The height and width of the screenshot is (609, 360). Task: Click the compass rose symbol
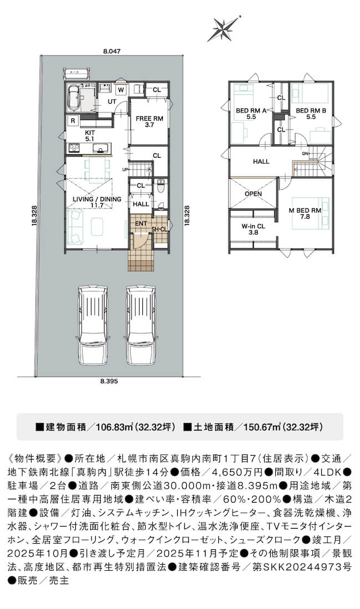tap(224, 29)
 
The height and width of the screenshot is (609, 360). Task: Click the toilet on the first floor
tap(161, 185)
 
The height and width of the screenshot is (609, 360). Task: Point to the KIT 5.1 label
tap(90, 135)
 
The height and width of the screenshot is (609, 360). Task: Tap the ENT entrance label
tap(141, 224)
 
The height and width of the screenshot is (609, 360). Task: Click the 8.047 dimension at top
tap(112, 51)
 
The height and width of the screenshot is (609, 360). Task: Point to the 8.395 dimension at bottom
tap(109, 381)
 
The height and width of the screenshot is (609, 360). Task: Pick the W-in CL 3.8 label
tap(253, 229)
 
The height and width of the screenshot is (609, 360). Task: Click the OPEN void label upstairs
tap(253, 194)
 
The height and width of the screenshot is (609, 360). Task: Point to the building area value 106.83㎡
tap(115, 427)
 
